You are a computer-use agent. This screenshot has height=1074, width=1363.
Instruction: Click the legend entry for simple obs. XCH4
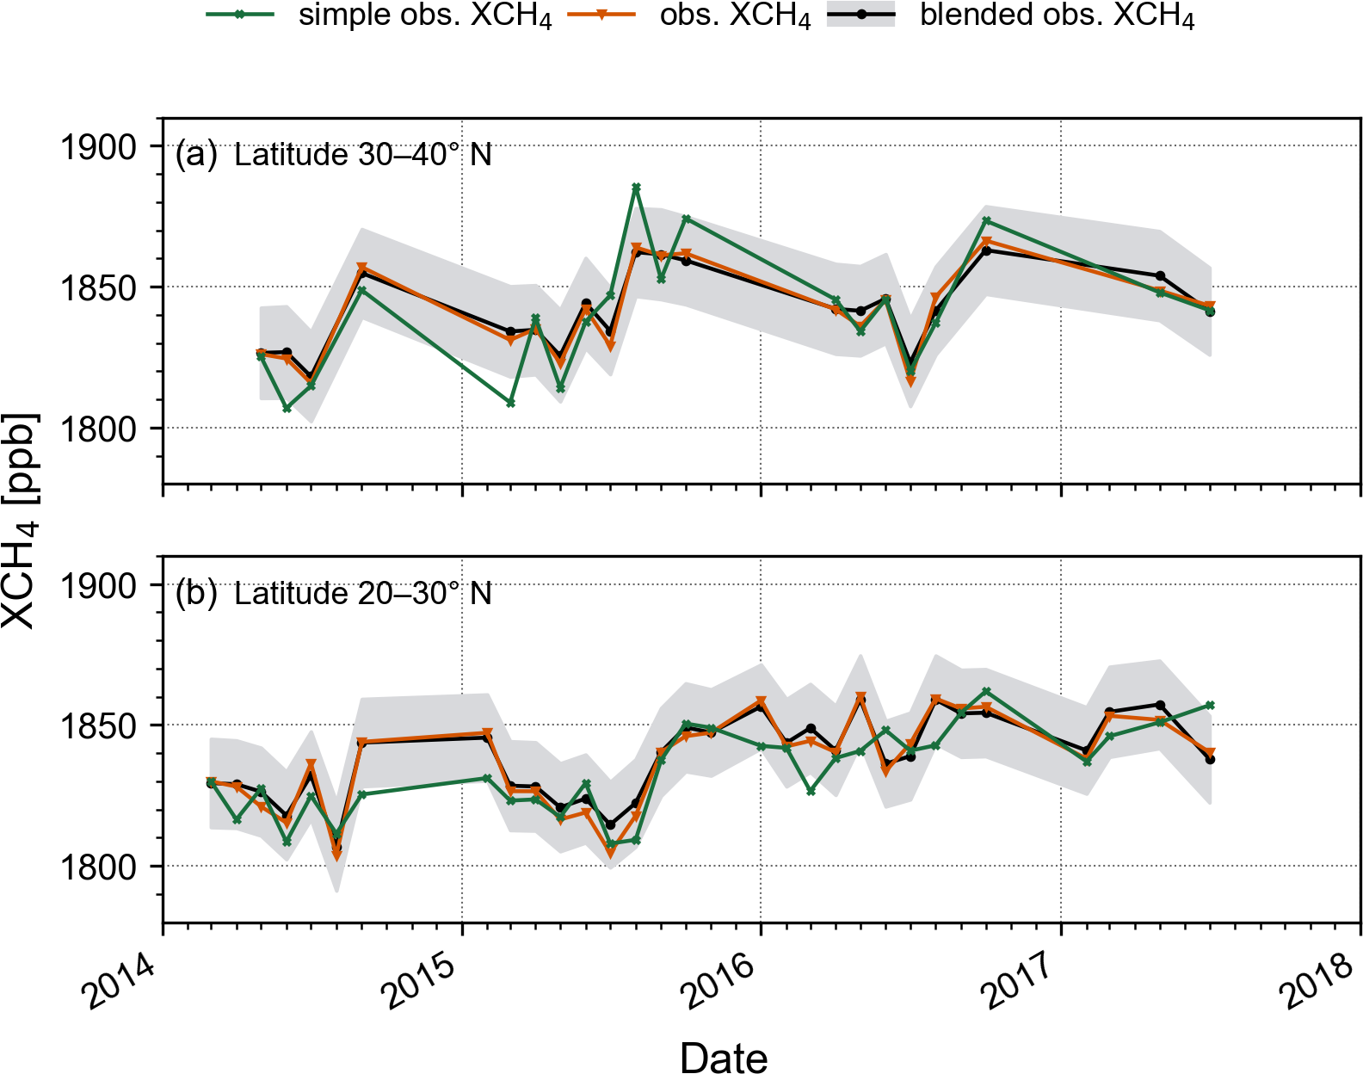tap(424, 17)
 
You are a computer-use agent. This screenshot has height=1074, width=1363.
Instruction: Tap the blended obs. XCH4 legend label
tap(1057, 17)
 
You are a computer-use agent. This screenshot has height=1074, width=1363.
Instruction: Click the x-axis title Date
tap(723, 1056)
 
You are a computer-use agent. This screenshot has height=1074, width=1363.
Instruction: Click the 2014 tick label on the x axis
tap(120, 981)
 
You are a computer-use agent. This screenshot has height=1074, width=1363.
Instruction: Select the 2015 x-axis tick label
tap(420, 981)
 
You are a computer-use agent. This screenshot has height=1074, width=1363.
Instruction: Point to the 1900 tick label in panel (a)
tap(97, 147)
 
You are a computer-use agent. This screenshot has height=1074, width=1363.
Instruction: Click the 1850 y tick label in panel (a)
tap(97, 288)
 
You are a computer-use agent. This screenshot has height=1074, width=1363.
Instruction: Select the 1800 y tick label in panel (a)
tap(97, 429)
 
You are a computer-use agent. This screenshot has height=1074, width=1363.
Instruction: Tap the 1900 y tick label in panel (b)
tap(97, 586)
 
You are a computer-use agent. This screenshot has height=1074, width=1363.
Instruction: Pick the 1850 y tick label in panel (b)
tap(97, 726)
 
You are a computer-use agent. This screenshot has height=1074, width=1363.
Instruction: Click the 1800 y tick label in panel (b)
tap(97, 867)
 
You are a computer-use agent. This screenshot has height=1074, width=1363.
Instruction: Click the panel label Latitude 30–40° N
tap(362, 155)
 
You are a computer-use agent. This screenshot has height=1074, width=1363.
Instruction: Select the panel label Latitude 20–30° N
tap(362, 594)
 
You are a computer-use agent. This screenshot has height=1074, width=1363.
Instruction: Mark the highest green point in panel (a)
tap(636, 187)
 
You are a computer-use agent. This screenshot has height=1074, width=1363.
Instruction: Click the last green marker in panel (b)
tap(1210, 706)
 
